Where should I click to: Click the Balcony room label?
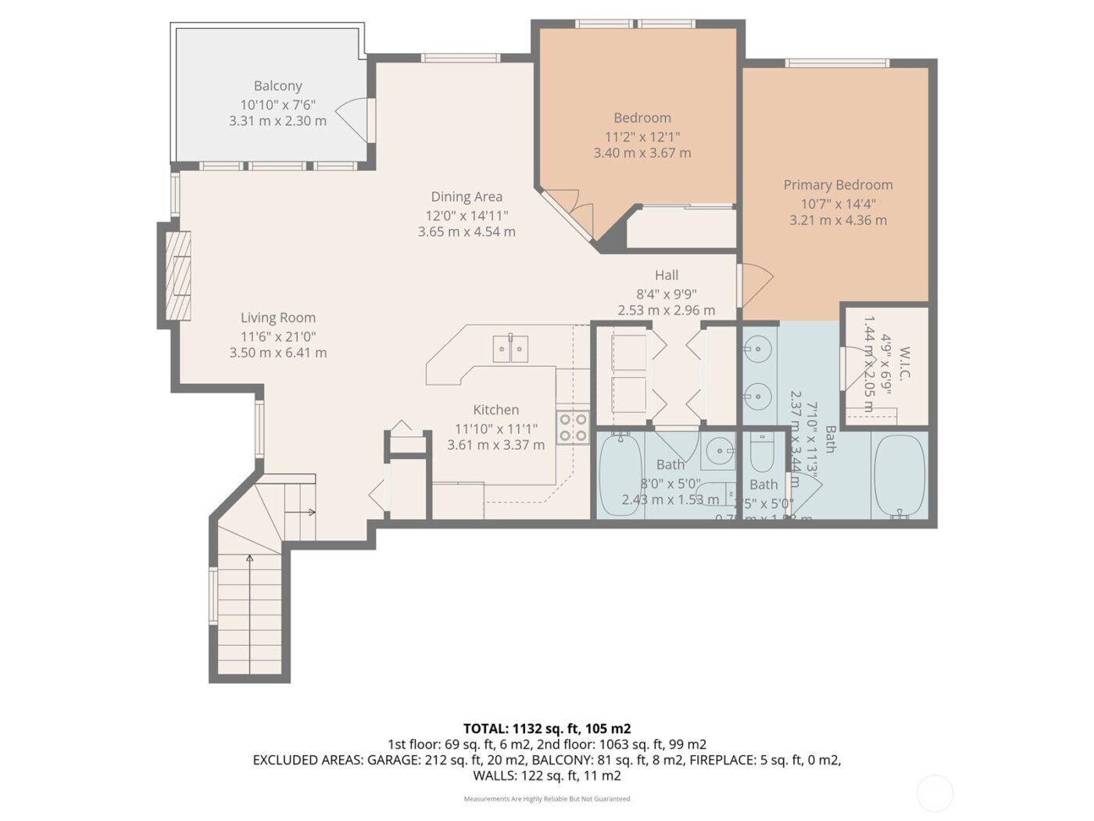click(277, 86)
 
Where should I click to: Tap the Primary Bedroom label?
click(838, 185)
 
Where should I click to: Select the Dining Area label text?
click(467, 197)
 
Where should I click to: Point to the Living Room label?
click(278, 317)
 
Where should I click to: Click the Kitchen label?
click(495, 410)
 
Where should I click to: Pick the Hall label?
click(667, 275)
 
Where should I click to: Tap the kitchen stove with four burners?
click(573, 426)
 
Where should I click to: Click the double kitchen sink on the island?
click(510, 349)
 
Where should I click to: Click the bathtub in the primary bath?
click(899, 476)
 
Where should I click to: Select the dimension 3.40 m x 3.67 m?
click(642, 153)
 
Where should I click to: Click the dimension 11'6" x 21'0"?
click(278, 337)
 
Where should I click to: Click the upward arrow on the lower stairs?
click(249, 559)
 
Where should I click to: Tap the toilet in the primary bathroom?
click(761, 453)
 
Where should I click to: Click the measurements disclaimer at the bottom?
click(547, 799)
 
